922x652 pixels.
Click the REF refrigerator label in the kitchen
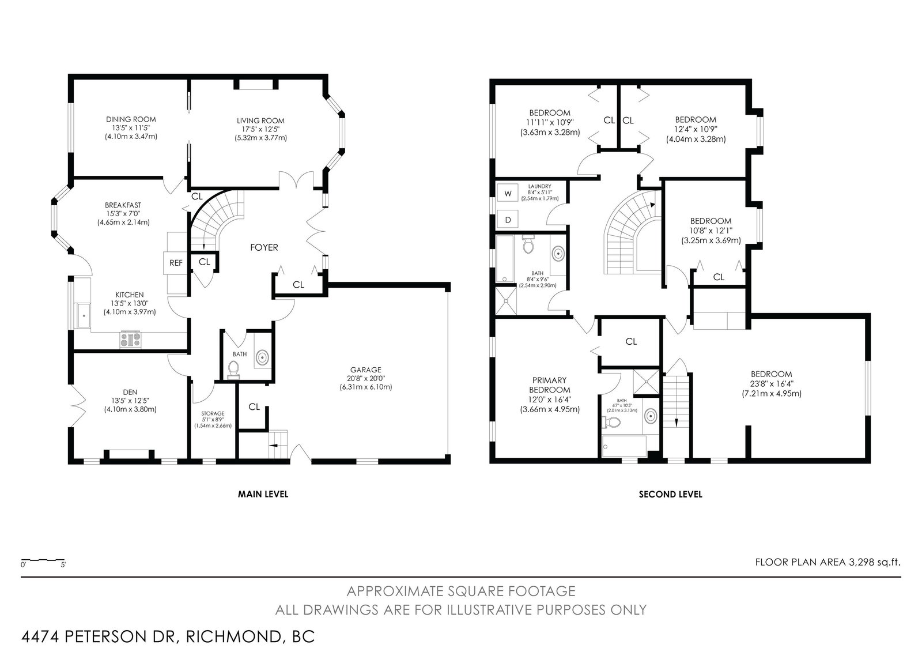[176, 263]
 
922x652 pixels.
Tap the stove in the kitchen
[130, 340]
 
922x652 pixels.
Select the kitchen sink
[84, 316]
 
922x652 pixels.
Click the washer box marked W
[508, 194]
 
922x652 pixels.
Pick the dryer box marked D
[508, 220]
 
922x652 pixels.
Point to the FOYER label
[264, 247]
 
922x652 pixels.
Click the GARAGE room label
[366, 370]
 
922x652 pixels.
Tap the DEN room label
[130, 392]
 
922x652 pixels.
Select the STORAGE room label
[213, 413]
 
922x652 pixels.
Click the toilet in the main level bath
[234, 370]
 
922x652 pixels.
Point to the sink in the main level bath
[262, 357]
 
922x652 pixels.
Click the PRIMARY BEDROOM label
[550, 385]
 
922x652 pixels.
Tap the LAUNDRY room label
[539, 187]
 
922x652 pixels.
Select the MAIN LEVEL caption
[263, 494]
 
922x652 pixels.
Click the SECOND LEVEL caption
[671, 494]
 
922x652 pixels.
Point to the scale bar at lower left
[43, 560]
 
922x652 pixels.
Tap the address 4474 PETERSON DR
[100, 636]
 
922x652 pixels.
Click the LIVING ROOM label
[260, 120]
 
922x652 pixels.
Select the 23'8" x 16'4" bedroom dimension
[772, 384]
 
